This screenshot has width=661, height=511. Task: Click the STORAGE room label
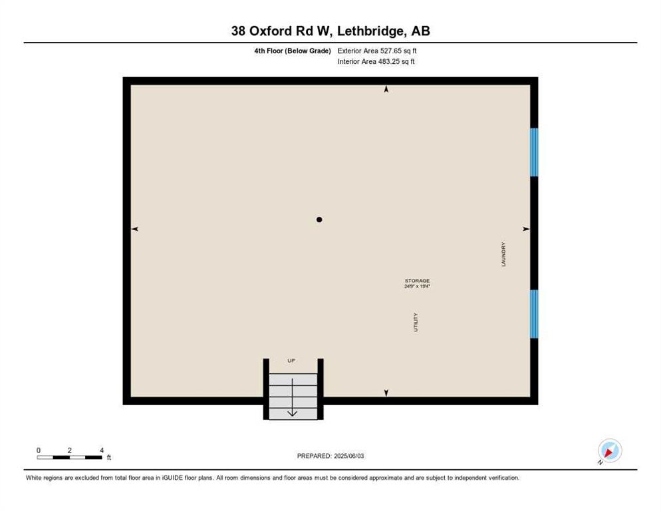click(x=418, y=281)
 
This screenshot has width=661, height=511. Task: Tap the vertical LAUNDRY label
click(x=503, y=254)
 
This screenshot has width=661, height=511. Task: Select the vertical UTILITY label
click(x=416, y=322)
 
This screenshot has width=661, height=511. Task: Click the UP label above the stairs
click(x=291, y=361)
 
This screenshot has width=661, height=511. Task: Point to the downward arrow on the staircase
click(x=292, y=397)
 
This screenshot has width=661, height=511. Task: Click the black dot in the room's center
click(x=319, y=220)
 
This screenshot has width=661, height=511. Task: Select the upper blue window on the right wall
click(x=534, y=152)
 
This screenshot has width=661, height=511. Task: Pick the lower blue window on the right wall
click(x=534, y=313)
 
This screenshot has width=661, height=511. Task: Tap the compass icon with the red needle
click(x=610, y=450)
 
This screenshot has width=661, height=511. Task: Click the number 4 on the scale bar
click(x=102, y=450)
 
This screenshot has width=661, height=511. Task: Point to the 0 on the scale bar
click(x=39, y=450)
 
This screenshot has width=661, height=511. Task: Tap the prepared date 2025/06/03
click(x=349, y=456)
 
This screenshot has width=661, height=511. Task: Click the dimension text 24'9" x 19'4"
click(x=418, y=286)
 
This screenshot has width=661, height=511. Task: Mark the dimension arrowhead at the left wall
click(x=135, y=229)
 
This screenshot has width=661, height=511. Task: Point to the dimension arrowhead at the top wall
click(x=386, y=89)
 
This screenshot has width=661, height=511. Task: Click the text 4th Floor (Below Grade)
click(x=293, y=51)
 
